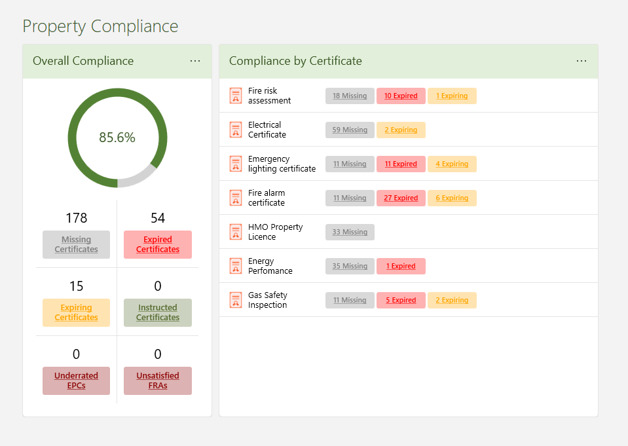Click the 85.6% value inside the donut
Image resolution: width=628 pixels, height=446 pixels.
117,138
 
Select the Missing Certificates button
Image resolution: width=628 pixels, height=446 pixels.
76,244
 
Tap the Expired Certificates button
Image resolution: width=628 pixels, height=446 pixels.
158,244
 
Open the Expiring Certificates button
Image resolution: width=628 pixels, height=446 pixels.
76,312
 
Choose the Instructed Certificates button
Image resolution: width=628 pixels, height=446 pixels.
158,312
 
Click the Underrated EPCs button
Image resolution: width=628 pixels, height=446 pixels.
76,381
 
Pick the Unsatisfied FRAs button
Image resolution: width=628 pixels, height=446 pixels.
158,381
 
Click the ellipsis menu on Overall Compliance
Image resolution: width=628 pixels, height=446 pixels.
195,61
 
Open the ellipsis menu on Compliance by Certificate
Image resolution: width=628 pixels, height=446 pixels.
582,61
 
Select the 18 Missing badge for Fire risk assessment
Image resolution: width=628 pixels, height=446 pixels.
350,96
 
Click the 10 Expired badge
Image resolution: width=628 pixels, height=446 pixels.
401,96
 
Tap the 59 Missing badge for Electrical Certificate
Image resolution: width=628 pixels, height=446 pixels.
350,130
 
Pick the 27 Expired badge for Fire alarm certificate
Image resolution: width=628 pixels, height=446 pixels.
401,198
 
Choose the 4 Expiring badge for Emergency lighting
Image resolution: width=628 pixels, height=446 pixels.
452,164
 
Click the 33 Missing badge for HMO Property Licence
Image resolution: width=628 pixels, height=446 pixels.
350,232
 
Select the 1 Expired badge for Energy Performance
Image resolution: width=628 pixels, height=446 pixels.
401,266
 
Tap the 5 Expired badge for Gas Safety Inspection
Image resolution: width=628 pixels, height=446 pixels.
401,300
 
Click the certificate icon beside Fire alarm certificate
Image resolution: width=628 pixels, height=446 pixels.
236,198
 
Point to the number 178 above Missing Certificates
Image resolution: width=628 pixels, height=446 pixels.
76,218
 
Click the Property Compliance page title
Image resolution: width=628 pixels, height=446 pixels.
100,26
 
